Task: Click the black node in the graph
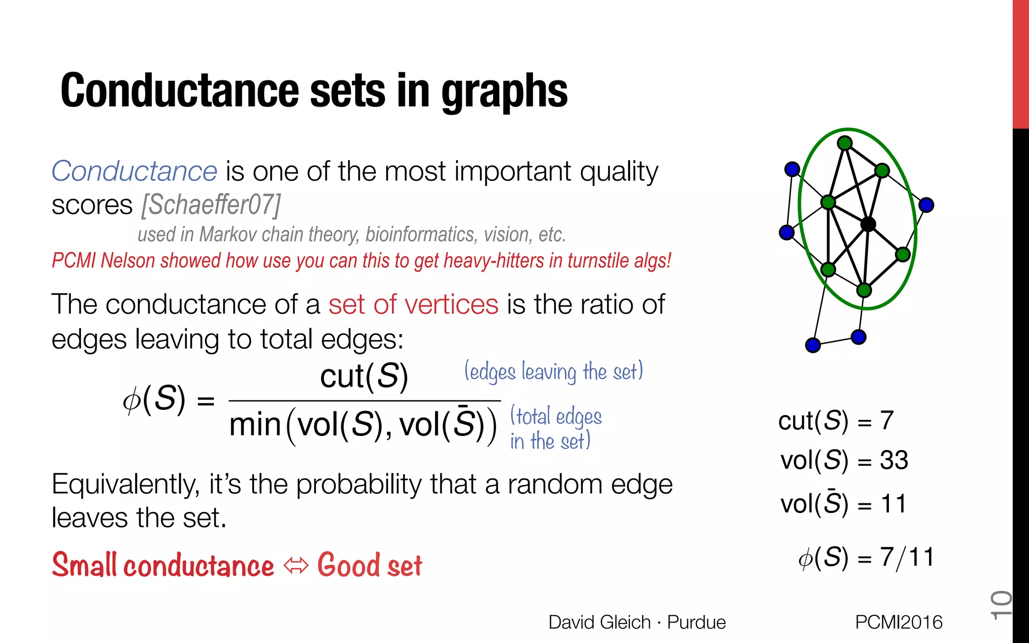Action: click(x=868, y=224)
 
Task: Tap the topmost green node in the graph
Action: click(x=845, y=143)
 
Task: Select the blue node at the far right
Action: click(x=926, y=205)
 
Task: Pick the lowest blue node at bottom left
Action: click(x=813, y=345)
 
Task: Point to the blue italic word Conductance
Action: click(x=134, y=171)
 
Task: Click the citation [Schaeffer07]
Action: click(x=211, y=204)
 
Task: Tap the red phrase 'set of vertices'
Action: click(x=413, y=304)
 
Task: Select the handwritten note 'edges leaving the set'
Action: click(x=553, y=372)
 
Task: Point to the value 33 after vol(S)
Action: click(x=894, y=460)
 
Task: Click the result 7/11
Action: click(x=907, y=557)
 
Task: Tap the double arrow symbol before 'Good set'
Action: click(x=296, y=566)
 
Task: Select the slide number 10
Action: click(x=1000, y=605)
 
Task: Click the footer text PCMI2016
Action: click(x=898, y=622)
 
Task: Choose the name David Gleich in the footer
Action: click(x=599, y=622)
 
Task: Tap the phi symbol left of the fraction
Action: click(x=132, y=400)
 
